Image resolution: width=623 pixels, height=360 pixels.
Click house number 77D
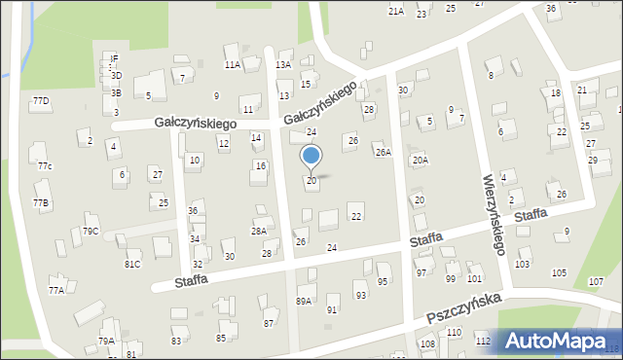coord(41,101)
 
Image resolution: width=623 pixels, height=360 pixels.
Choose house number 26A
coord(384,153)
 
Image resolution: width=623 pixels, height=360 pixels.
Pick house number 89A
coord(304,302)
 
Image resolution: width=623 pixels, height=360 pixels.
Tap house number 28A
coord(259,232)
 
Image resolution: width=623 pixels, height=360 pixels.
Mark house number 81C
coord(132,264)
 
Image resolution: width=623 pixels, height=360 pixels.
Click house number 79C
coord(91,232)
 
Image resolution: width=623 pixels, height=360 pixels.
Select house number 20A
coord(420,161)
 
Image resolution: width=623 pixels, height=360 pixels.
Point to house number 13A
coord(283,65)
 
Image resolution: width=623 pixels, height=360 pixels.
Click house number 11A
coord(233,65)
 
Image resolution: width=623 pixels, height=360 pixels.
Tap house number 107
coord(596,282)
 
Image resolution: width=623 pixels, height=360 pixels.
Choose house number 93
coord(360,295)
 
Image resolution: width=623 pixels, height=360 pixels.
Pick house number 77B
coord(41,202)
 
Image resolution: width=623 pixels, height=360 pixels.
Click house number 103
coord(523,265)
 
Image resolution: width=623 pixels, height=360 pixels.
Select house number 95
coord(383,282)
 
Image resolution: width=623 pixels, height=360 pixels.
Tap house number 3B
coord(116,93)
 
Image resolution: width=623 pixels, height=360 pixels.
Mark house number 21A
coord(395,12)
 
